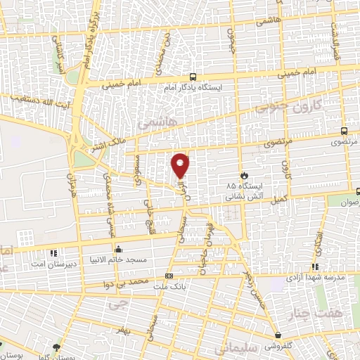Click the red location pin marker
(x=181, y=165)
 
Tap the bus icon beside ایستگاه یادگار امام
(x=193, y=78)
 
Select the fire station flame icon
(x=244, y=175)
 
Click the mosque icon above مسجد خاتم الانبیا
(x=118, y=248)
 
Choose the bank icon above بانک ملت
(x=169, y=276)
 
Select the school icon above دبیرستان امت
(x=52, y=252)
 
